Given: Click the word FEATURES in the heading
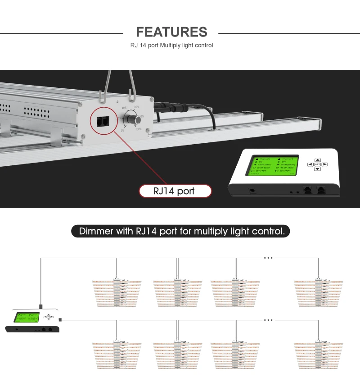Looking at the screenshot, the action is (x=171, y=32).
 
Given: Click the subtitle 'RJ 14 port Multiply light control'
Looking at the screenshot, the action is (x=171, y=46).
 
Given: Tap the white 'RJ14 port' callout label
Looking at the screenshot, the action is (x=174, y=191).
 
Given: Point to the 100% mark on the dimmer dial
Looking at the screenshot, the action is (x=138, y=129).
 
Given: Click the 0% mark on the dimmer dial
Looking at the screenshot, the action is (x=122, y=131).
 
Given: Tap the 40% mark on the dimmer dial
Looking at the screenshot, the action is (x=124, y=108).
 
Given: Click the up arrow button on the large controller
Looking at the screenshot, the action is (x=317, y=159).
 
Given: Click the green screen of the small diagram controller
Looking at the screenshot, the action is (x=27, y=317).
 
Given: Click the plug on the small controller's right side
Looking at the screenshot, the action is (x=60, y=319).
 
